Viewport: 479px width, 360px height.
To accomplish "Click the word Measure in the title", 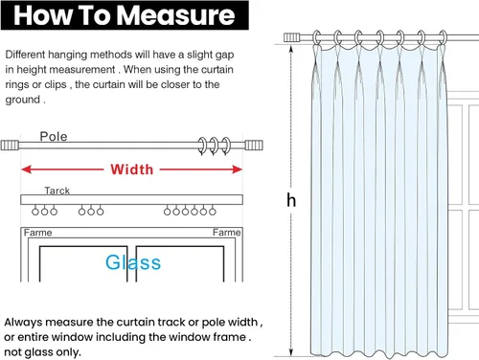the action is tap(175, 15).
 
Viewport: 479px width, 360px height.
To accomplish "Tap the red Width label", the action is tap(132, 169).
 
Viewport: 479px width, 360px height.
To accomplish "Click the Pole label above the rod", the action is tap(54, 136).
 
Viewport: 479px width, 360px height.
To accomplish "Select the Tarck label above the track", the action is tap(57, 191).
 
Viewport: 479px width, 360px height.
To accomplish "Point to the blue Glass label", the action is tap(133, 262).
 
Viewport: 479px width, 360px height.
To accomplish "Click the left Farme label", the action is tap(37, 233).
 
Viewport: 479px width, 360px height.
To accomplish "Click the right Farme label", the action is tap(227, 232).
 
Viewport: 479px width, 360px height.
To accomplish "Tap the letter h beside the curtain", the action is tap(291, 200).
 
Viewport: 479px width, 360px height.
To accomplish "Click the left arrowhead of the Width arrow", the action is tap(26, 169).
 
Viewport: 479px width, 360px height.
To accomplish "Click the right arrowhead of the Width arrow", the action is tap(238, 169).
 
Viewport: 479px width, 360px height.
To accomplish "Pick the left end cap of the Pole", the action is tap(10, 146).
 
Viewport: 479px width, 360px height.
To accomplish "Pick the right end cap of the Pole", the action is tap(254, 146).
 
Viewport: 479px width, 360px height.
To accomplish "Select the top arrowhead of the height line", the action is tap(291, 49).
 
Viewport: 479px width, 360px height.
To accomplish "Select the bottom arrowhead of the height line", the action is tap(291, 352).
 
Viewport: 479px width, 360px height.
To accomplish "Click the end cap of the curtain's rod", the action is tap(292, 37).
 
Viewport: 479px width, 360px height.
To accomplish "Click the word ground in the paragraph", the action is tap(23, 100).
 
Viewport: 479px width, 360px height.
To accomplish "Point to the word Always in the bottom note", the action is tap(23, 323).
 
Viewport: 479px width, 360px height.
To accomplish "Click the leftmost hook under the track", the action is tap(35, 212).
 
